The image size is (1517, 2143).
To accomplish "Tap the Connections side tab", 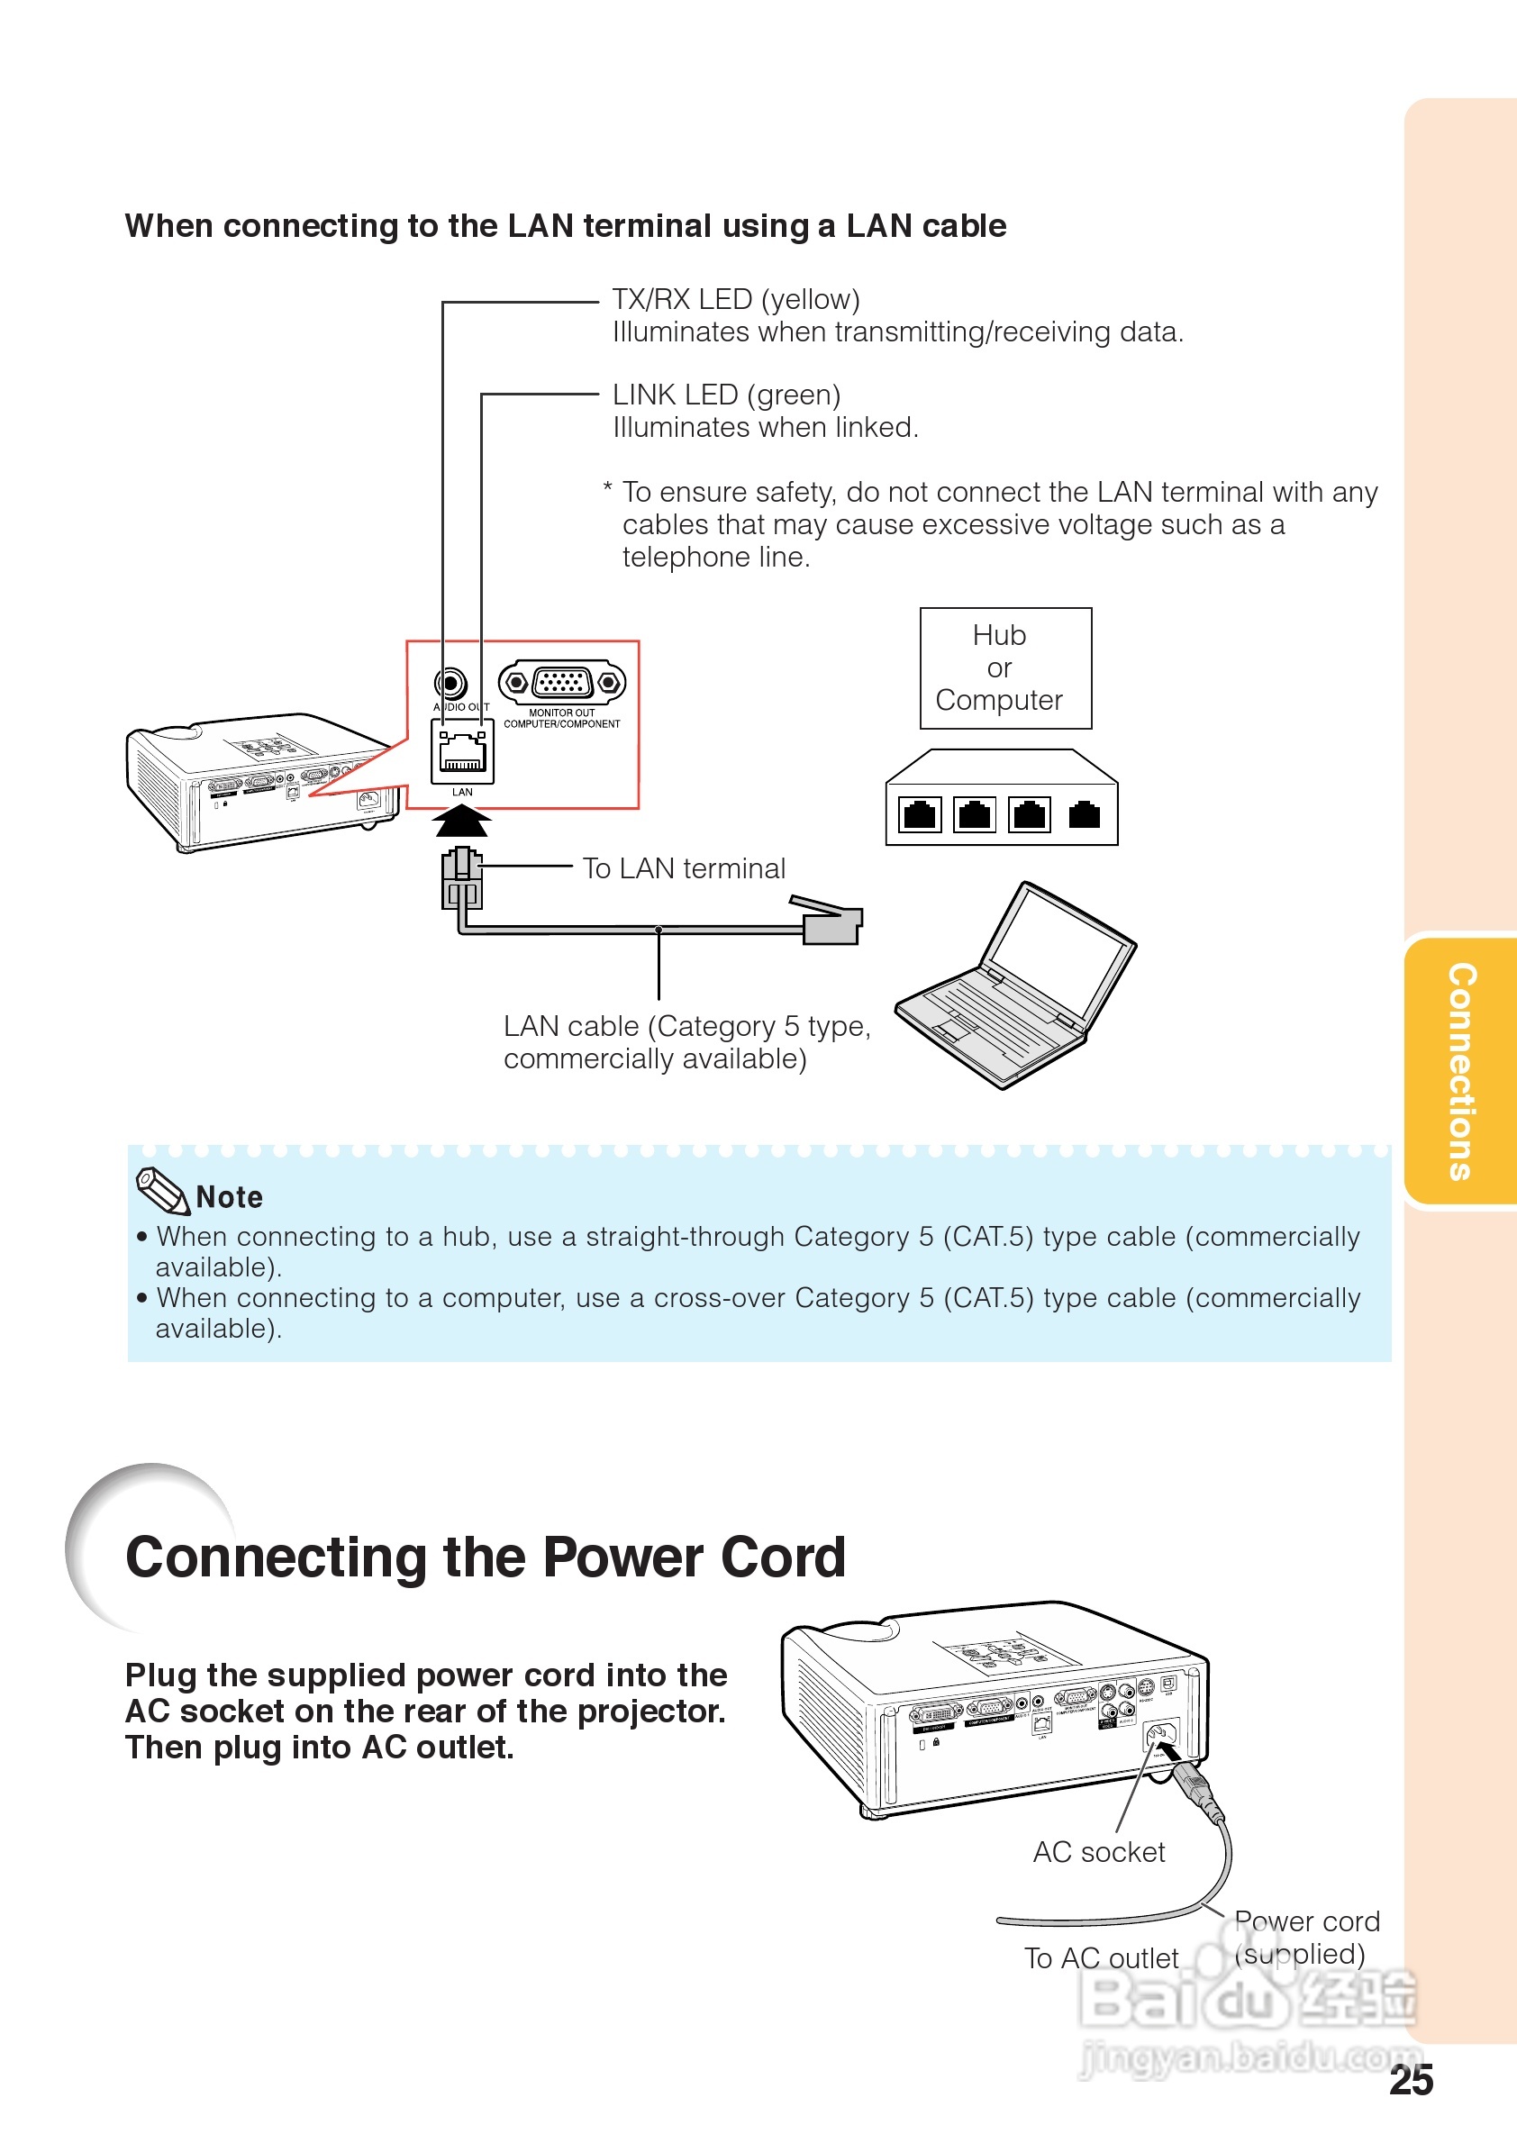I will point(1461,1072).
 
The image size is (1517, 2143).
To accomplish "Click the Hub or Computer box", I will point(1005,667).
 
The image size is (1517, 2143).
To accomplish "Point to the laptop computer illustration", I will point(1015,986).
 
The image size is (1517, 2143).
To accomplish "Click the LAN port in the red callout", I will point(462,751).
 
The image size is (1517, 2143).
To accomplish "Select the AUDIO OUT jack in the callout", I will point(451,684).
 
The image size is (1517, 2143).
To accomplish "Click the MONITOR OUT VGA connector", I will point(561,683).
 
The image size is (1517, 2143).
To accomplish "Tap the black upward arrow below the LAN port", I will point(461,822).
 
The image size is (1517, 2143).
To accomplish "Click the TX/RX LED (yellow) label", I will point(736,300).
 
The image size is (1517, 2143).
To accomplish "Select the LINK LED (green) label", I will point(727,395).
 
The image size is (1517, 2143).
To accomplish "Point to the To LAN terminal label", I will point(684,868).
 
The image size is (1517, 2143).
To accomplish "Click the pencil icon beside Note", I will point(161,1190).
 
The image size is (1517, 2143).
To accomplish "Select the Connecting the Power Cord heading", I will point(486,1557).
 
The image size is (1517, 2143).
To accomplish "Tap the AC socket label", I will point(1098,1852).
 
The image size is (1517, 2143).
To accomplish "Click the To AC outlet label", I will point(1102,1958).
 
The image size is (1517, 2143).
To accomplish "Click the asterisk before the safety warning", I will point(607,488).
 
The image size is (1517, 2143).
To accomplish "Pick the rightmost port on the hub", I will point(1084,814).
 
